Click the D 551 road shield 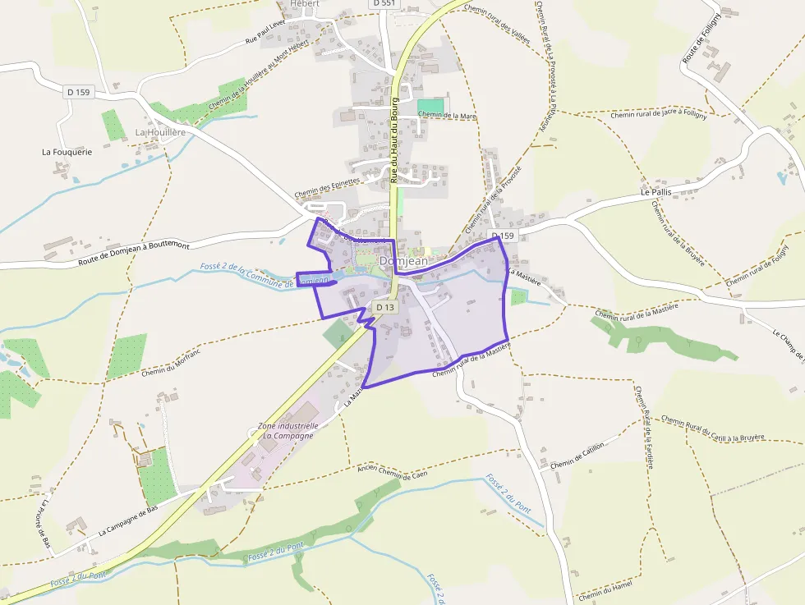coord(383,3)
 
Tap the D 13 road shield coord(384,307)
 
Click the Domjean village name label coord(403,260)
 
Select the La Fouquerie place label coord(67,152)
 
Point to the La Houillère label coord(160,132)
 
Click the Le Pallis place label coord(655,192)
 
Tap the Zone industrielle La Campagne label coord(287,431)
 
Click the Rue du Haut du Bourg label coord(395,140)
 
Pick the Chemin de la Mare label coord(448,117)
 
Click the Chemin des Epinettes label coord(327,188)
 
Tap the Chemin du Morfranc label coord(171,362)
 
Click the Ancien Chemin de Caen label coord(393,472)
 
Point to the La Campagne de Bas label coord(127,520)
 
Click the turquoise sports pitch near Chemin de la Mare coord(430,107)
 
